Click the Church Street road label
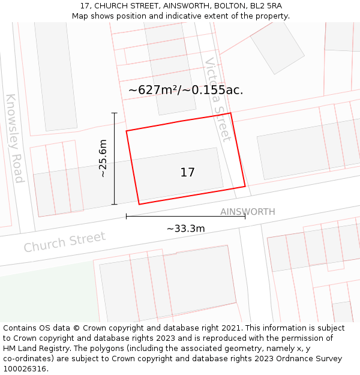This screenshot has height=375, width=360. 64,242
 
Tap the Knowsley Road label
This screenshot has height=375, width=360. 14,138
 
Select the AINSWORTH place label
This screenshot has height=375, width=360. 247,212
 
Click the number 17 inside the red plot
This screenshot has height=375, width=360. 187,173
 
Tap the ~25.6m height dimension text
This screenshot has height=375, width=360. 103,158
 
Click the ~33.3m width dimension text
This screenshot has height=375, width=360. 185,229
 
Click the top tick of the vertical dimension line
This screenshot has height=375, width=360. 114,113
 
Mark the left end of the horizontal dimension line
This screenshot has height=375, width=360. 126,216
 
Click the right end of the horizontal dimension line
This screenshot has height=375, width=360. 245,216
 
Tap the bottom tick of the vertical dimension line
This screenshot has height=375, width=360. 114,205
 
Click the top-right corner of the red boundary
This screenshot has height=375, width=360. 230,113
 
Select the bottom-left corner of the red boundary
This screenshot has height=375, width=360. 139,205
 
